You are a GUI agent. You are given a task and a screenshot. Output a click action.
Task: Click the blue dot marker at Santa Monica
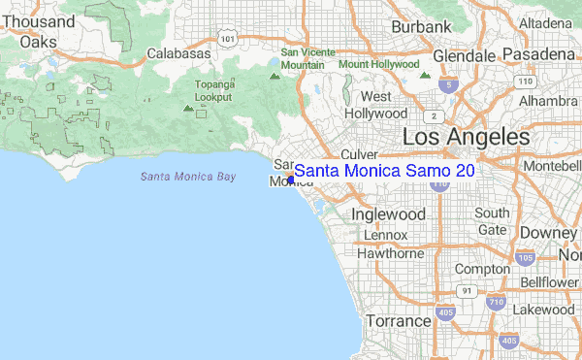[290, 179]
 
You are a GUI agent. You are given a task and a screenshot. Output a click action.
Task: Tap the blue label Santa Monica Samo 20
[384, 171]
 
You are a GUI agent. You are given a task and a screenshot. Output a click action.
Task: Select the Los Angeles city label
[466, 137]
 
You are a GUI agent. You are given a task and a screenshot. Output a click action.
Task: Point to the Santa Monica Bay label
[187, 176]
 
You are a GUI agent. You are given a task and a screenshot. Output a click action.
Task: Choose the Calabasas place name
[178, 53]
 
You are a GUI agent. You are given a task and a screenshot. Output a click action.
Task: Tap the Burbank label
[421, 25]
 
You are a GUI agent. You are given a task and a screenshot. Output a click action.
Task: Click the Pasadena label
[537, 55]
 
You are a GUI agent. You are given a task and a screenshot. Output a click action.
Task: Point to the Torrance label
[398, 320]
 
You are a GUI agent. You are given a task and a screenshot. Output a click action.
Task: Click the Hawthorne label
[391, 253]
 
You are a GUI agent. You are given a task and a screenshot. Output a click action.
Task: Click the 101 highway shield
[227, 38]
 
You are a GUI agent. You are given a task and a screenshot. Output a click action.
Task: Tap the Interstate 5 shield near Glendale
[447, 85]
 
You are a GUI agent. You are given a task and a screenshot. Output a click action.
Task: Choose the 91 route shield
[468, 290]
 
